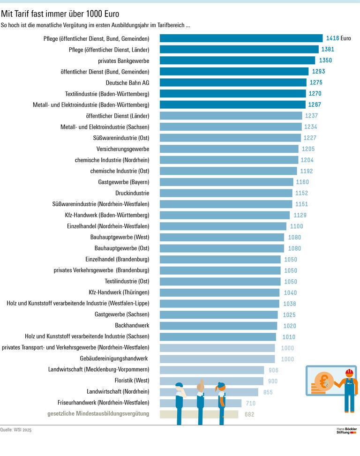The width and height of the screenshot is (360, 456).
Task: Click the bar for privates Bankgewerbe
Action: coord(237,60)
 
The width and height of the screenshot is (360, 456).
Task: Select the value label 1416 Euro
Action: coord(338,38)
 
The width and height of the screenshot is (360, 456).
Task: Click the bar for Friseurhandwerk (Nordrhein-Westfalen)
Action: coord(201,403)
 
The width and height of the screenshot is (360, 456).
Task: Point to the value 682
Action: coord(250,414)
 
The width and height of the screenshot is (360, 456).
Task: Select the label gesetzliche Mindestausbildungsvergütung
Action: coord(98,414)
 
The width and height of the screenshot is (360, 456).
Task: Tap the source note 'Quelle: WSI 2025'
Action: coord(16,430)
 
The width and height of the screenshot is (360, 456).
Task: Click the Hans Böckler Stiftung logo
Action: coord(347,430)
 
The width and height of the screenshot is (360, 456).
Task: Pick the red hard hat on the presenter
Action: coord(349,373)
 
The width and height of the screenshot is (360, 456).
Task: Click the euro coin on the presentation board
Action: coord(324,382)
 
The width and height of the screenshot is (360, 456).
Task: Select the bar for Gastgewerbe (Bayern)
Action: coord(227,182)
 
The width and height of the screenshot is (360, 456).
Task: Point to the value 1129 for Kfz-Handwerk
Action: coord(300,215)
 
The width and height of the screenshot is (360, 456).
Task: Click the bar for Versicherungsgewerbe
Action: coord(229,149)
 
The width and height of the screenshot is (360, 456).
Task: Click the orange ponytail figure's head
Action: coord(221,388)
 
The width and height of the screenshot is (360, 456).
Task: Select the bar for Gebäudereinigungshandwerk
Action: coord(217,359)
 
